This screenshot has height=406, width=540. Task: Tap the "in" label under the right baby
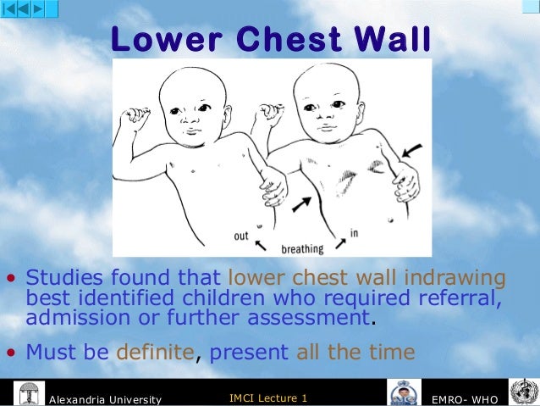353,232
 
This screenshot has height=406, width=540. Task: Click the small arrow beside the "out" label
262,243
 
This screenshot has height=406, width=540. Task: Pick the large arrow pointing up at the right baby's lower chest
300,203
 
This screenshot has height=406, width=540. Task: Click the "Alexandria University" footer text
106,398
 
